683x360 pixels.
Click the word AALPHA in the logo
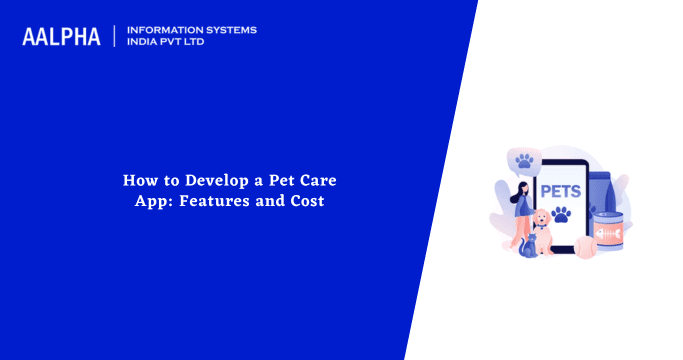[x=61, y=37]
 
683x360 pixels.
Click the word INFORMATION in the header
[x=160, y=30]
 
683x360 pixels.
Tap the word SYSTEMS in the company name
[x=226, y=30]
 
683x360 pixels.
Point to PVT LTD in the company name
[x=185, y=43]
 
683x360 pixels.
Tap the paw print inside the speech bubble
[x=523, y=160]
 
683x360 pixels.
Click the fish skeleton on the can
[x=607, y=234]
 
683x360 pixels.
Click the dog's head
[x=541, y=219]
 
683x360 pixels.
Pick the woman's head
[x=522, y=189]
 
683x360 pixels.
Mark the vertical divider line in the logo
[x=115, y=36]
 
